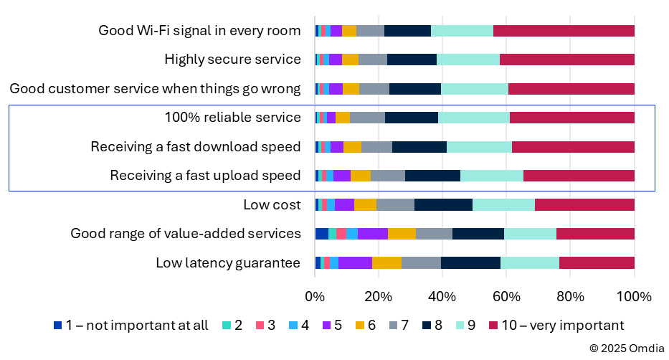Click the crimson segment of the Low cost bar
click(x=584, y=205)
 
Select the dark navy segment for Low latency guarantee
click(x=470, y=263)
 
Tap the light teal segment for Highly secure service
click(x=468, y=60)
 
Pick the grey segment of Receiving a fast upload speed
click(x=388, y=176)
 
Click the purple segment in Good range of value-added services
click(x=373, y=234)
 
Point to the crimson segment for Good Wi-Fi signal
click(x=564, y=31)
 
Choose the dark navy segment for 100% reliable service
click(x=412, y=118)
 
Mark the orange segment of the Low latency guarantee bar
click(x=386, y=263)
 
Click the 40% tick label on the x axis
click(x=442, y=297)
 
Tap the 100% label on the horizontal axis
click(x=634, y=297)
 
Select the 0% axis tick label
click(x=315, y=297)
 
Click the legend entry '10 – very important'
click(x=556, y=325)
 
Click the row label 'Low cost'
click(x=272, y=205)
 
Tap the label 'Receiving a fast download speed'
click(x=195, y=147)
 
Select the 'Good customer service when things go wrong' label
click(x=155, y=89)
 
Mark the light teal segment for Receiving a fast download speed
click(x=479, y=147)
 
